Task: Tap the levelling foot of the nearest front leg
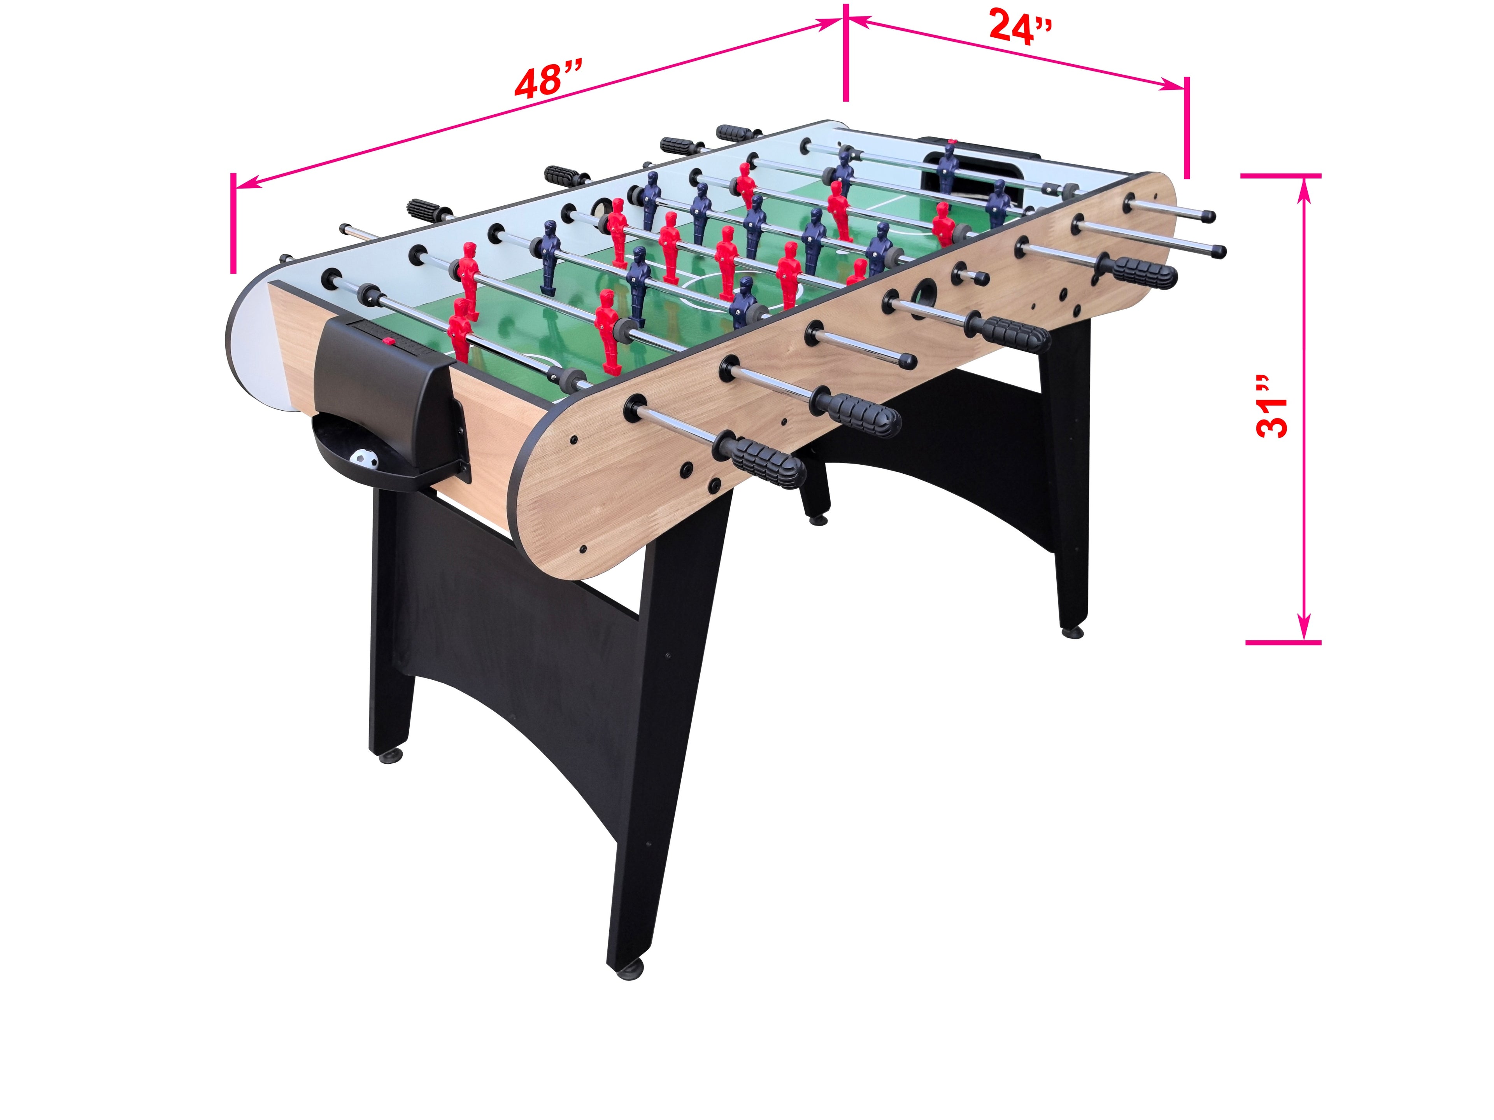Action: pyautogui.click(x=628, y=972)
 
